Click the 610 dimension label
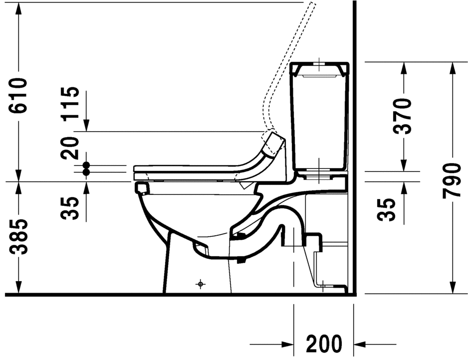coord(18,95)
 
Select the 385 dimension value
coord(18,237)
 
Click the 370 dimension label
coord(403,116)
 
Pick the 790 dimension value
coord(452,180)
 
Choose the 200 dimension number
coord(324,345)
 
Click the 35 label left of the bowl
coord(70,208)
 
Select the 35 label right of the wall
coord(387,210)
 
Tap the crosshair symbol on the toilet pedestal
coord(200,284)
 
